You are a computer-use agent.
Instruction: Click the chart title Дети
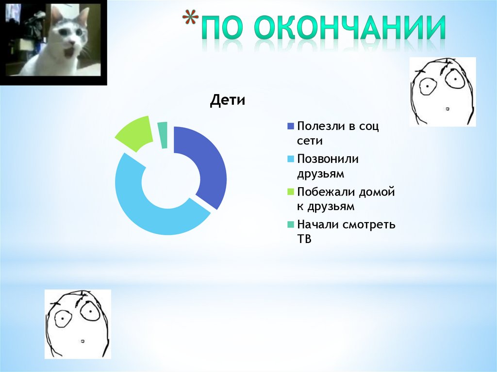click(x=228, y=101)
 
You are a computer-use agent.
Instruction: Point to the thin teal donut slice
click(x=164, y=133)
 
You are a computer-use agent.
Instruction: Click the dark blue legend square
click(x=291, y=126)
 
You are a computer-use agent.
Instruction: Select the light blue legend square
click(x=291, y=159)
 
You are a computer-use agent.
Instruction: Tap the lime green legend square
click(x=291, y=192)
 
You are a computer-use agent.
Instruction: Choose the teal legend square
click(x=291, y=225)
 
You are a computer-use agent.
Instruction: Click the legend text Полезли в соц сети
click(x=338, y=133)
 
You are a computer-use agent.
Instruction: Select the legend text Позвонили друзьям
click(x=328, y=166)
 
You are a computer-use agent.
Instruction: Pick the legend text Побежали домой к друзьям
click(x=346, y=199)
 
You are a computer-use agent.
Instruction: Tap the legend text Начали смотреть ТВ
click(x=346, y=231)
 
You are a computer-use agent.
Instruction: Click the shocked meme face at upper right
click(x=442, y=91)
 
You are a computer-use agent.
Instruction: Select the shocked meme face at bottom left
click(x=78, y=324)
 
